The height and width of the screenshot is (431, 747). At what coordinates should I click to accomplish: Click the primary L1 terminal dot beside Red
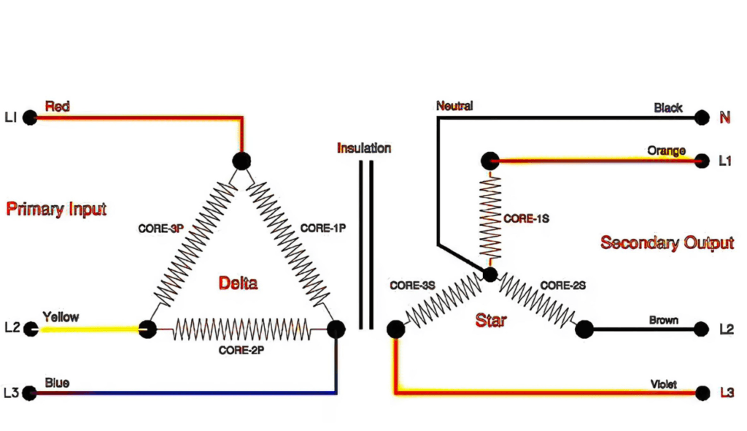click(x=30, y=117)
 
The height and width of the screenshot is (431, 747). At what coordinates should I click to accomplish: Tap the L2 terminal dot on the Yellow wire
click(x=30, y=329)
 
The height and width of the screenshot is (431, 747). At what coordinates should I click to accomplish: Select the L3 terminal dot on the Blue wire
click(x=30, y=393)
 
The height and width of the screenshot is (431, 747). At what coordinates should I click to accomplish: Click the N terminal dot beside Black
click(x=702, y=117)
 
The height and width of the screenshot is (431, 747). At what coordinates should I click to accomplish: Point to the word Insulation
click(x=364, y=148)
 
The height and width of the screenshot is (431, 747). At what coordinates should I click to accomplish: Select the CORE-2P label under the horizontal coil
click(x=241, y=350)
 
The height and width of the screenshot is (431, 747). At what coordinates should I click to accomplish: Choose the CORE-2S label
click(x=562, y=286)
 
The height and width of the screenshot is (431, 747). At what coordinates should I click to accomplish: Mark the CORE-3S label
click(x=413, y=286)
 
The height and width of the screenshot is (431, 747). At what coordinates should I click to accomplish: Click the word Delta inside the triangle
click(x=238, y=283)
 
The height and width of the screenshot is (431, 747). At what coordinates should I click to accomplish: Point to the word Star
click(x=491, y=321)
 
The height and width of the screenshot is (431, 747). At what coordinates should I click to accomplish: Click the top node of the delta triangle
click(x=241, y=161)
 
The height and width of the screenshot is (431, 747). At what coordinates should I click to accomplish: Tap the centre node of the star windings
click(x=490, y=275)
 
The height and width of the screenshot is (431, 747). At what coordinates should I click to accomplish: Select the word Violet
click(x=663, y=384)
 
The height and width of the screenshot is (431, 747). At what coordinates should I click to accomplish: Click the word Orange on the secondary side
click(x=667, y=150)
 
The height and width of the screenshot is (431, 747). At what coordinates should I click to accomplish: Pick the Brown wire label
click(x=664, y=320)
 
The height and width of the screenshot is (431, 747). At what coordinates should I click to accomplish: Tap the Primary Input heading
click(x=56, y=210)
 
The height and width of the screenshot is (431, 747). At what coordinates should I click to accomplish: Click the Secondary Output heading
click(x=667, y=243)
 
